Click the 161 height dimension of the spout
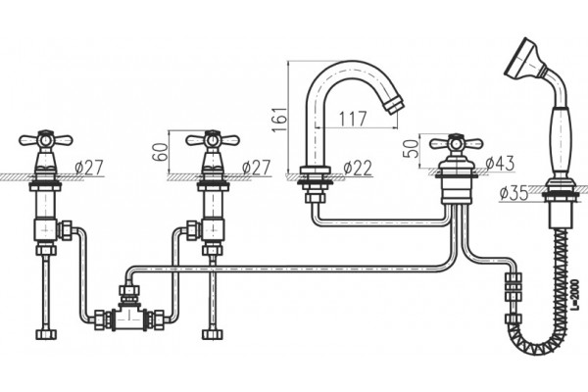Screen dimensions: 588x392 279,120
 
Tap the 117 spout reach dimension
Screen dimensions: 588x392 353,119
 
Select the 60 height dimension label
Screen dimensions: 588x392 162,152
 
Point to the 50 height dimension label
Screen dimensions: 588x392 413,148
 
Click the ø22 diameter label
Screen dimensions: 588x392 358,168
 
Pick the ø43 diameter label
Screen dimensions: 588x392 501,164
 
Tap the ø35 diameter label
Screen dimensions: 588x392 514,193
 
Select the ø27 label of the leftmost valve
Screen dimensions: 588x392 88,168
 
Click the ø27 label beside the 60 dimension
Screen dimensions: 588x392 256,168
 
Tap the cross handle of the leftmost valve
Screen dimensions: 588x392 46,140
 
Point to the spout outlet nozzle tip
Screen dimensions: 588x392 395,104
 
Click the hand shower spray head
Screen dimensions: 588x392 523,57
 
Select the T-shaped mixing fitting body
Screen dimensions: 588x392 127,318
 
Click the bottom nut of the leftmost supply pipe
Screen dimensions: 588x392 46,334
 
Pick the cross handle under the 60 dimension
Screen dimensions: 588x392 213,140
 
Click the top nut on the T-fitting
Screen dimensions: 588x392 129,290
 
